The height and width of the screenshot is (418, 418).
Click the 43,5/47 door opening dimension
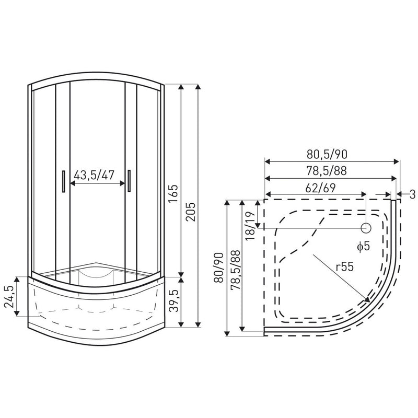pyautogui.click(x=94, y=175)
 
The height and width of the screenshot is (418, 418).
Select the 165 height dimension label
pyautogui.click(x=173, y=193)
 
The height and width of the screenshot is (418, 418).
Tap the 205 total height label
pyautogui.click(x=191, y=212)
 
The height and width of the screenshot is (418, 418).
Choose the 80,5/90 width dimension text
pyautogui.click(x=327, y=154)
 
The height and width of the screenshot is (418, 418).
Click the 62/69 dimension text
pyautogui.click(x=320, y=188)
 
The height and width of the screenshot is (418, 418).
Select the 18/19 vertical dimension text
pyautogui.click(x=250, y=226)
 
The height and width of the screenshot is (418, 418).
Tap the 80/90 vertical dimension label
pyautogui.click(x=219, y=268)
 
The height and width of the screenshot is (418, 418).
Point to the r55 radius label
pyautogui.click(x=344, y=266)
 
